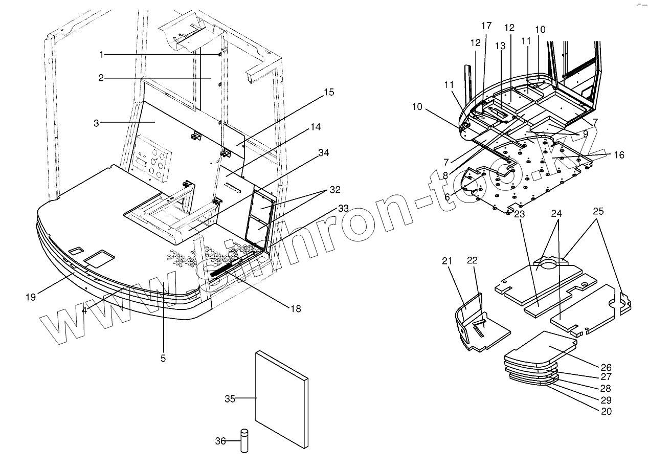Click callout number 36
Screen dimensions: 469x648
[x=220, y=441]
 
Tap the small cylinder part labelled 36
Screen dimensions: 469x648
[x=244, y=440]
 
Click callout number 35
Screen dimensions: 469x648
[x=230, y=399]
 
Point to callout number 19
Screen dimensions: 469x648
[x=31, y=297]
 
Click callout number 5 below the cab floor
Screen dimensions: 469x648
[x=163, y=359]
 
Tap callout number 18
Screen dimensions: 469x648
[x=295, y=308]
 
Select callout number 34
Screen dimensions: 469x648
[x=324, y=152]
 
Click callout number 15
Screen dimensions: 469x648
[x=328, y=93]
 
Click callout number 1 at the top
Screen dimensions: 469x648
[x=102, y=54]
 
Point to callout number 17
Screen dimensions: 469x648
[x=486, y=25]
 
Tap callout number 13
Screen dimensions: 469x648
[x=500, y=46]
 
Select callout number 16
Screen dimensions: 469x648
[x=619, y=154]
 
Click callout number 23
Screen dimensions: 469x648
[x=520, y=215]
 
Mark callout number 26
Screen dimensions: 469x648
[x=606, y=367]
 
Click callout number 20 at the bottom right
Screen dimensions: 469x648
[x=606, y=411]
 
